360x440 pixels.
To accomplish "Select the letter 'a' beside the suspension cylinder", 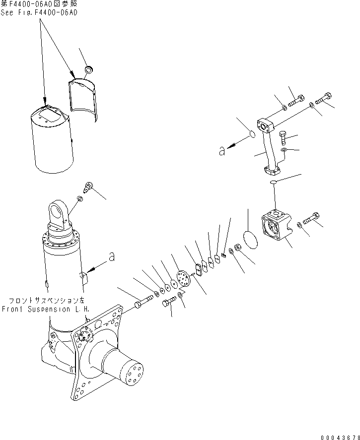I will (x=112, y=257).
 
